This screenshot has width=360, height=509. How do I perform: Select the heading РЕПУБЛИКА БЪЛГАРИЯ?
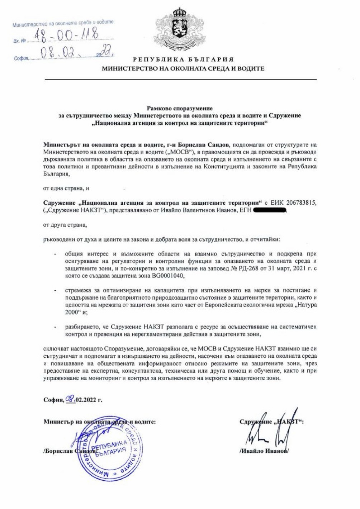(183, 60)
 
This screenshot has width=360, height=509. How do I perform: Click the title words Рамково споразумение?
(180, 108)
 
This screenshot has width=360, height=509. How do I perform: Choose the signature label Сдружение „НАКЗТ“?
(271, 422)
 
